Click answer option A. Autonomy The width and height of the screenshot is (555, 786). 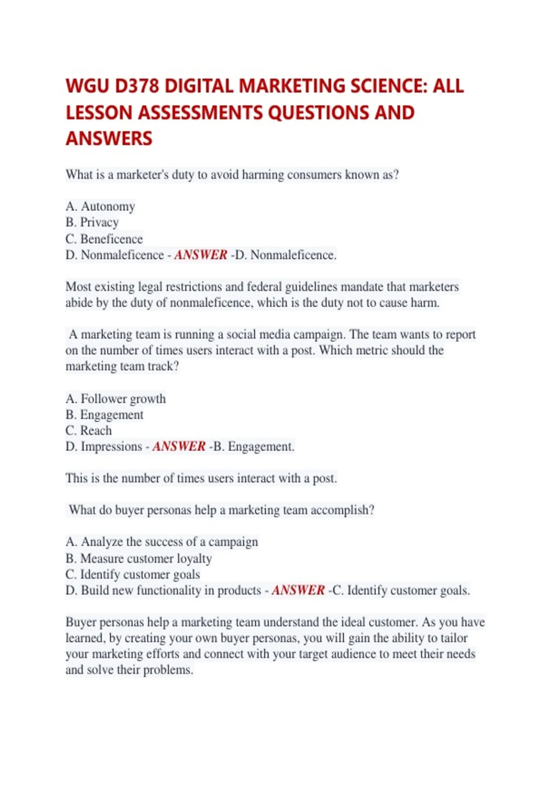coord(100,206)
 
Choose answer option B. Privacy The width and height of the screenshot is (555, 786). coord(92,222)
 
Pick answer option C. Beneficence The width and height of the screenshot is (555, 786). coord(104,239)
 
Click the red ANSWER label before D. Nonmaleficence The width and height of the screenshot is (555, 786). coord(201,255)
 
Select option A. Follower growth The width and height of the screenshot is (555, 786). coord(116,399)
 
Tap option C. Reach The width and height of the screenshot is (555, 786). coord(89,430)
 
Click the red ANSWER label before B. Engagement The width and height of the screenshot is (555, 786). coord(179,447)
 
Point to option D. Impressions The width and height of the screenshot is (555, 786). coord(104,447)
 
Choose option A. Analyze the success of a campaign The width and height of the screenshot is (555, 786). coord(162,542)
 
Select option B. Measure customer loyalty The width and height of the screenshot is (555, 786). coord(139,559)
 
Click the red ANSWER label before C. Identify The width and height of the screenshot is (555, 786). coord(298,590)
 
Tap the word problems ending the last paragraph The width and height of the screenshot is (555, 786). coord(167,670)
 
